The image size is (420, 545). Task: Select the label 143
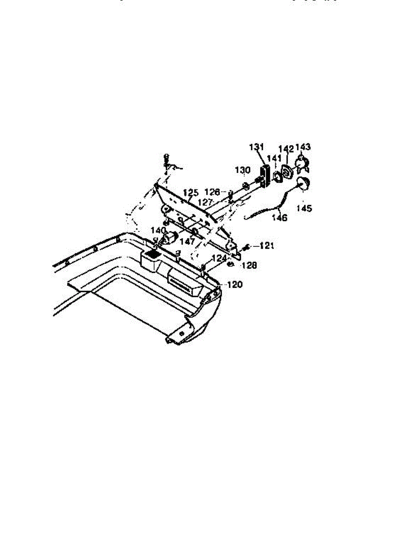point(303,147)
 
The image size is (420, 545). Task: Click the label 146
point(280,218)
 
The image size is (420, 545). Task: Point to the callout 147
point(187,242)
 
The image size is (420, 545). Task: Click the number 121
point(267,246)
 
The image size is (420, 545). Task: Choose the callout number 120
point(235,285)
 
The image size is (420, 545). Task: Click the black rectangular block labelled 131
point(264,175)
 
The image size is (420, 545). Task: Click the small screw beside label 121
point(247,247)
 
